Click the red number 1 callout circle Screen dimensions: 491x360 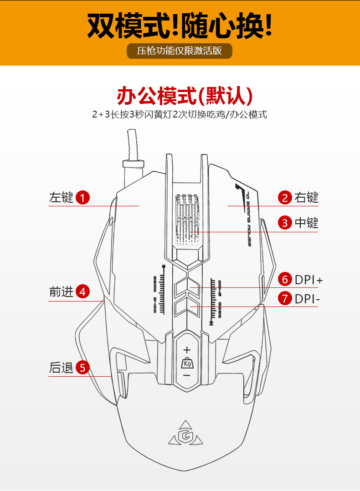82,198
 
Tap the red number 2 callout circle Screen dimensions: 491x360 285,198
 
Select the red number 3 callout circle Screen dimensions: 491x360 285,223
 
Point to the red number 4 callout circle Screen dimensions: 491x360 82,292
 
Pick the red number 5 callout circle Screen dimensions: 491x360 82,368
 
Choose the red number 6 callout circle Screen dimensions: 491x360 285,279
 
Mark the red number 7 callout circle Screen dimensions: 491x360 285,299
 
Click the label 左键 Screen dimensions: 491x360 61,198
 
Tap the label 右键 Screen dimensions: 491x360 306,198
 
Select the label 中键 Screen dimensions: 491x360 306,223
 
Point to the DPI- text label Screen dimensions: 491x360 307,299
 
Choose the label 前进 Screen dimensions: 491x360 61,292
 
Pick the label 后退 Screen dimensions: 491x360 61,368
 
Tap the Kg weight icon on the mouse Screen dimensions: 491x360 187,363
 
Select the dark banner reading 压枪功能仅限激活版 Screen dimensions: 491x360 180,51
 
